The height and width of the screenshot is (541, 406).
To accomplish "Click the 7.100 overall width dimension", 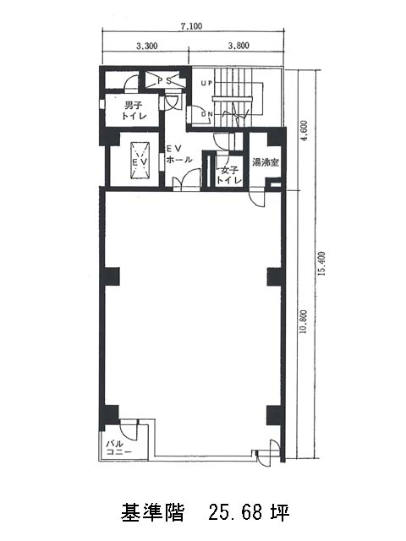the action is click(x=191, y=26).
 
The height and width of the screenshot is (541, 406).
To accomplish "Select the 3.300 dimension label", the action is click(x=147, y=45).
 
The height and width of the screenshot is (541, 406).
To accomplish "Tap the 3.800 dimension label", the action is click(x=239, y=45).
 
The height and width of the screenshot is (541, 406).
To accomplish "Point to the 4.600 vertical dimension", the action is click(x=304, y=131).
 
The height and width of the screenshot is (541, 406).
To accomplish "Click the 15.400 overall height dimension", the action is click(x=322, y=263).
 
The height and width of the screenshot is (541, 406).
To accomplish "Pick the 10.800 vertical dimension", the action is click(x=304, y=321).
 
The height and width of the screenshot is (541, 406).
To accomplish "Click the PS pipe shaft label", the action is click(x=164, y=81).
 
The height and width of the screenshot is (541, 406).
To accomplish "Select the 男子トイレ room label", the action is click(x=134, y=110).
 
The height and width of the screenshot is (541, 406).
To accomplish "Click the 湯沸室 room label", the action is click(x=266, y=161).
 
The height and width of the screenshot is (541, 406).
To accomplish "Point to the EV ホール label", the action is click(x=179, y=154).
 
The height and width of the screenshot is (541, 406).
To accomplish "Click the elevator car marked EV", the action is click(x=140, y=161).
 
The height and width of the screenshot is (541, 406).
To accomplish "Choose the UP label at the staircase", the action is click(x=206, y=83).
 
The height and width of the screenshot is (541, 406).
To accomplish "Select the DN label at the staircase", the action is click(x=206, y=114).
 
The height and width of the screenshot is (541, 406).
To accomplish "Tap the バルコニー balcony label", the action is click(x=119, y=448).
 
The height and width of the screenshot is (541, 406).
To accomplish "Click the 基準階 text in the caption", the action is click(x=152, y=512).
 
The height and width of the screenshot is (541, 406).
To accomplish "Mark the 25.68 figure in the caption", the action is click(x=235, y=512).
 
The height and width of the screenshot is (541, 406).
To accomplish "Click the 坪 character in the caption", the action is click(x=280, y=512).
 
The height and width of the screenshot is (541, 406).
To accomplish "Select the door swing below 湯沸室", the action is click(x=257, y=199).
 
